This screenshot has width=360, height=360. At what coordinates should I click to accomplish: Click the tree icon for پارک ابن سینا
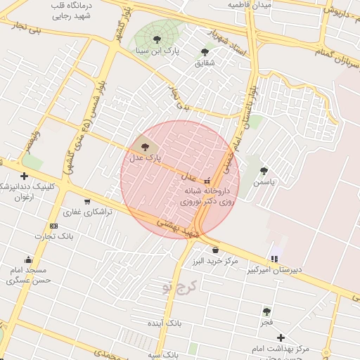click(x=155, y=39)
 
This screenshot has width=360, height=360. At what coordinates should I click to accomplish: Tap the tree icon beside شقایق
click(x=205, y=51)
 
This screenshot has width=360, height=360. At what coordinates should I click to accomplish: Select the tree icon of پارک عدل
click(x=145, y=147)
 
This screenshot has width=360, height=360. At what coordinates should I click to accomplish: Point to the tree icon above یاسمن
click(x=264, y=170)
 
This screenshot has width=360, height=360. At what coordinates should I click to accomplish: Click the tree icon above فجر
click(x=266, y=311)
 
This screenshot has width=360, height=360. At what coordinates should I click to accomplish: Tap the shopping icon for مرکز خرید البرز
click(x=214, y=250)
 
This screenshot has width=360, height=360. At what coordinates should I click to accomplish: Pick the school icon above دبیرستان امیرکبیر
click(x=274, y=259)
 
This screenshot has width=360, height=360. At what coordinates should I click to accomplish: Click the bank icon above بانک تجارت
click(x=54, y=225)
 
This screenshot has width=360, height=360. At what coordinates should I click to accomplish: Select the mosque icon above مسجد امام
click(x=27, y=259)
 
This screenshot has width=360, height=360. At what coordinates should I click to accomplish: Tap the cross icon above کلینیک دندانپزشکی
click(x=25, y=176)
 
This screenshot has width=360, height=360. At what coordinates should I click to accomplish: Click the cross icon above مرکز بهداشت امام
click(x=281, y=338)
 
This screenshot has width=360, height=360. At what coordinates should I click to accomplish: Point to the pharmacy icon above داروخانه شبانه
click(x=206, y=180)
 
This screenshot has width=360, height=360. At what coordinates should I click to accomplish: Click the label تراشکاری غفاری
click(x=88, y=212)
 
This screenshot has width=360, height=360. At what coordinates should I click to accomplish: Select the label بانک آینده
click(x=165, y=323)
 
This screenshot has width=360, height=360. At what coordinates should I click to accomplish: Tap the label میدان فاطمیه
click(x=249, y=4)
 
